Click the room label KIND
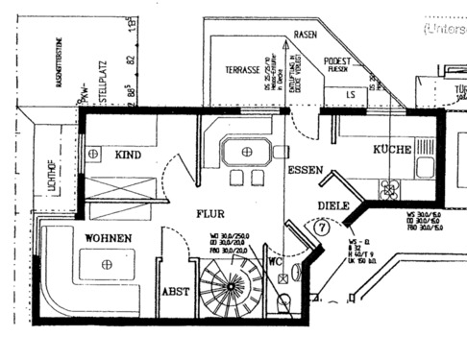(x=128, y=154)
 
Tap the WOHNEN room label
(x=108, y=237)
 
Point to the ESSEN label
(x=305, y=170)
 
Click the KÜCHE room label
(x=392, y=150)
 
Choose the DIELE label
(x=332, y=205)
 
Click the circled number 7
(x=321, y=228)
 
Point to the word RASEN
(x=306, y=35)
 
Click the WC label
(x=275, y=260)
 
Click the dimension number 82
(x=129, y=60)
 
